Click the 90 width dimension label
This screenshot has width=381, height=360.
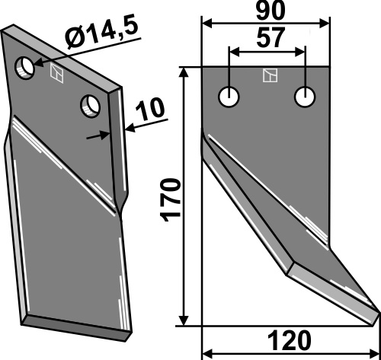271,11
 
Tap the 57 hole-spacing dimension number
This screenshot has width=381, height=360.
270,37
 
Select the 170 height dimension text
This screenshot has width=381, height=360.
171,200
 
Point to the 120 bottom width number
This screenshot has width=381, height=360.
290,340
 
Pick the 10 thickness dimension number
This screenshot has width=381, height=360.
150,110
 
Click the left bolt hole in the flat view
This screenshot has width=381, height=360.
229,97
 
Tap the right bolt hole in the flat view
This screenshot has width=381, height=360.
305,97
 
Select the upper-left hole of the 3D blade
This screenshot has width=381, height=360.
25,68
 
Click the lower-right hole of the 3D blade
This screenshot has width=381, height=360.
90,106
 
